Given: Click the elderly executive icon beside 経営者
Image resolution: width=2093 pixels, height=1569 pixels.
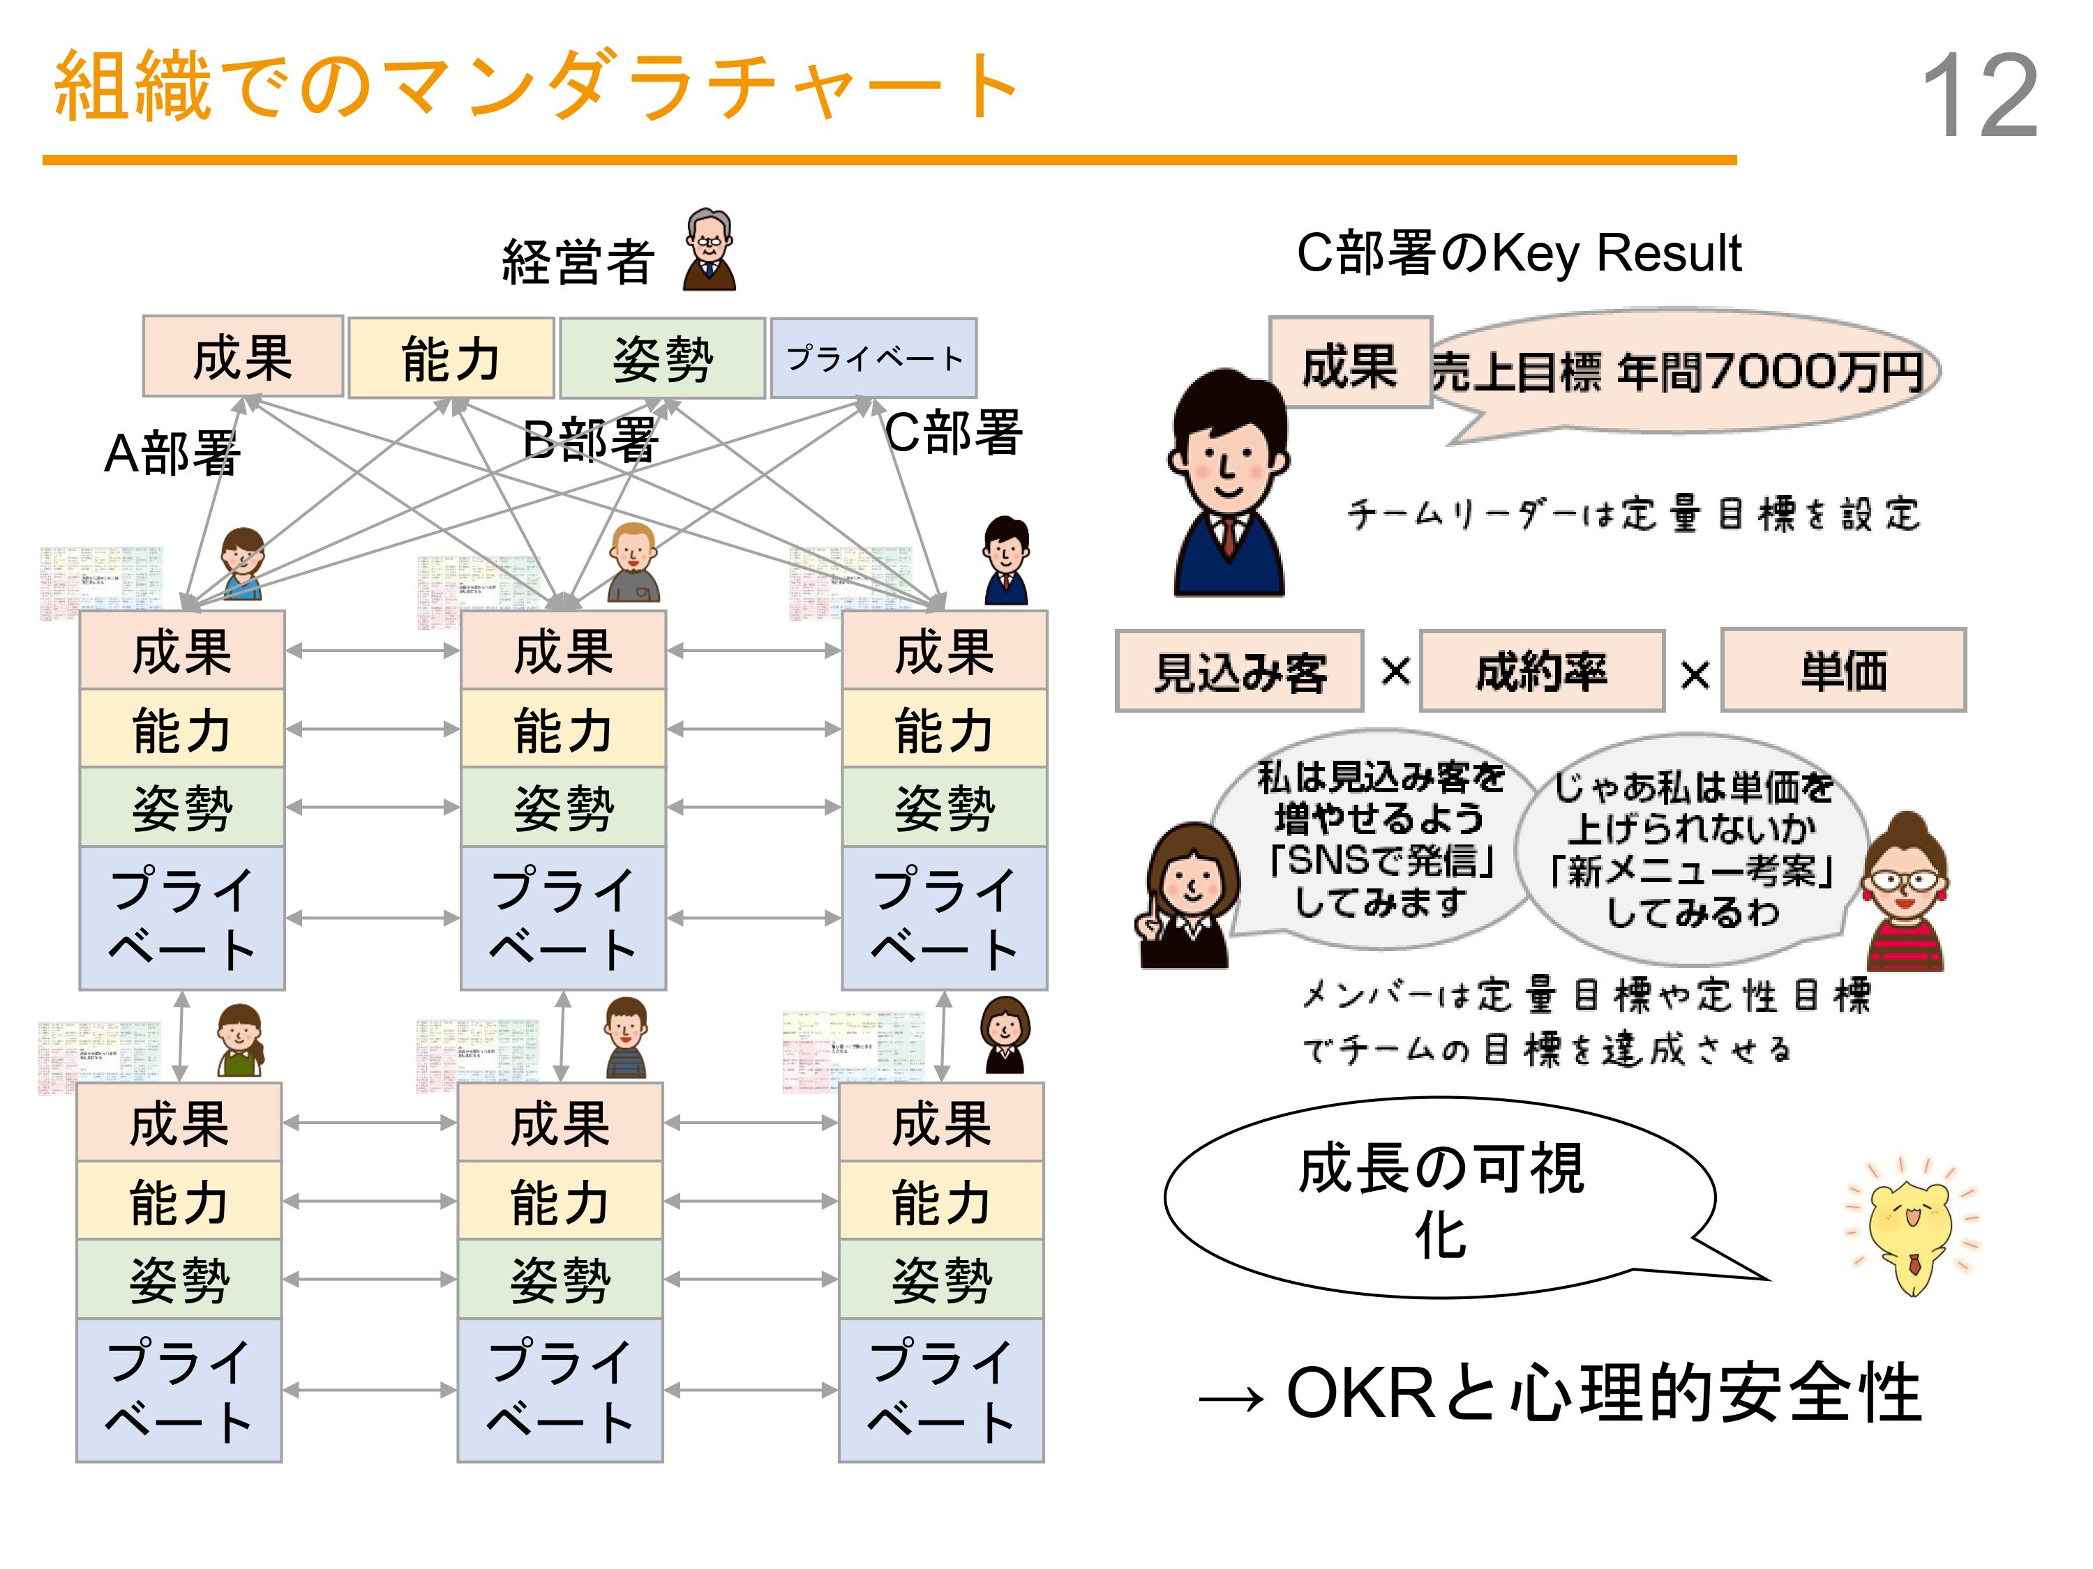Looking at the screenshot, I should [x=709, y=250].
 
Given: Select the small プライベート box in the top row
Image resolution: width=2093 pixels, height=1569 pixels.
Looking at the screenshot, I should [x=873, y=358].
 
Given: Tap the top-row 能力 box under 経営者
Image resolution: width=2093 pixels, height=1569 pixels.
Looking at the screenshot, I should [x=451, y=358].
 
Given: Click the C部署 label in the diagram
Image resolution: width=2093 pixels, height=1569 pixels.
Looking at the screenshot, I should [x=953, y=433].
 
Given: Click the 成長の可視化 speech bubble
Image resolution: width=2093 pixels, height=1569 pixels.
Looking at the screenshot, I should [x=1440, y=1199].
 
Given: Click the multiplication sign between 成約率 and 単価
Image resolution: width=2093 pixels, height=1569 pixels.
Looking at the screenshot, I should [x=1694, y=674].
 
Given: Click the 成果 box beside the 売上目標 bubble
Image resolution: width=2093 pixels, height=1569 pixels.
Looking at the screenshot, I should [x=1349, y=364].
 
